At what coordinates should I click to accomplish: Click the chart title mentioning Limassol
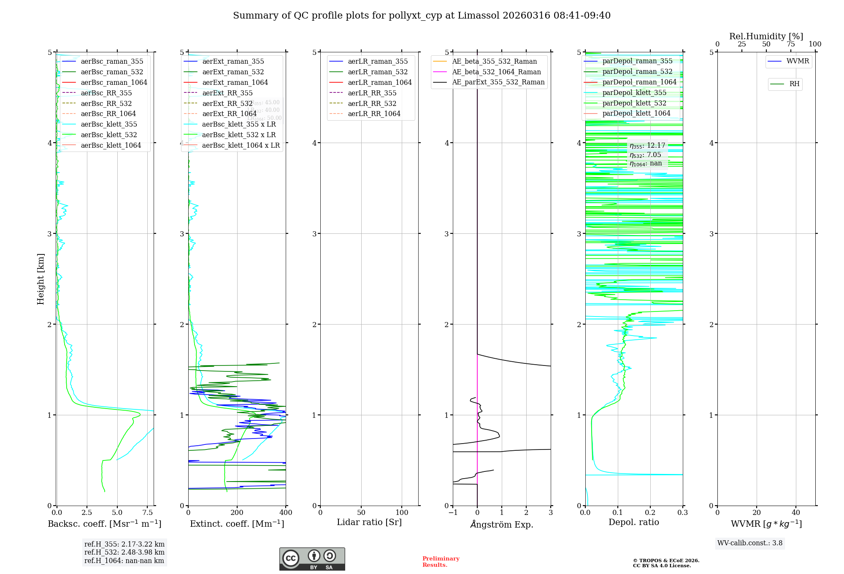tap(422, 16)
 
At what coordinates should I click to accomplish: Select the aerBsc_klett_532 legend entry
tap(108, 135)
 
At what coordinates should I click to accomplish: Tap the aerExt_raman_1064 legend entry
tap(235, 82)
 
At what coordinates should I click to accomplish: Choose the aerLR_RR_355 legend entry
tap(372, 93)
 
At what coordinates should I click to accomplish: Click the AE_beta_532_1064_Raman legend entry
tap(496, 72)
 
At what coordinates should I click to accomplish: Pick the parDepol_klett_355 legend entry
tap(634, 92)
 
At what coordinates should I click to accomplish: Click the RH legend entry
tap(794, 84)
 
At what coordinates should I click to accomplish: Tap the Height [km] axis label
tap(41, 279)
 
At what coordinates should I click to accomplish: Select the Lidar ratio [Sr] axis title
tap(369, 522)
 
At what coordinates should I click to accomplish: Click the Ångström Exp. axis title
tap(502, 524)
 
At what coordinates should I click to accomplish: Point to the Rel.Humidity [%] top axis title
tap(766, 36)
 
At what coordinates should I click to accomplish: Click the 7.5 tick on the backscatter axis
tap(148, 512)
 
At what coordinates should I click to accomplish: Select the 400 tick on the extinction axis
tap(286, 512)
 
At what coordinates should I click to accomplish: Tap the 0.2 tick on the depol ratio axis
tap(650, 512)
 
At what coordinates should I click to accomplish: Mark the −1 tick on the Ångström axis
tap(453, 512)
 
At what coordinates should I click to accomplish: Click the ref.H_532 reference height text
tap(124, 552)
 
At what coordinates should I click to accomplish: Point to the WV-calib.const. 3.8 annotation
tap(750, 543)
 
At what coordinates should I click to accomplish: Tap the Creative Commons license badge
tap(312, 559)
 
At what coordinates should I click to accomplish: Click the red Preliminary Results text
tap(441, 561)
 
